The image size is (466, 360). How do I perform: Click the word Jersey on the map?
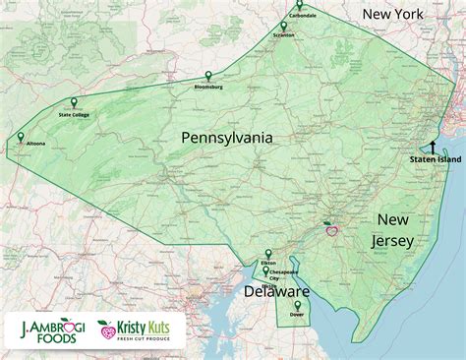pyautogui.click(x=391, y=240)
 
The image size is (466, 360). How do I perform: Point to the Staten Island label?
pyautogui.click(x=433, y=158)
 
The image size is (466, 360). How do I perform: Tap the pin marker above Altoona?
pyautogui.click(x=21, y=137)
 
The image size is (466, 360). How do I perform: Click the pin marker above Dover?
pyautogui.click(x=296, y=307)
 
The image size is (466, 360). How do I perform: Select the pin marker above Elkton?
pyautogui.click(x=268, y=254)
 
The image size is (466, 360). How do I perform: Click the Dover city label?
pyautogui.click(x=296, y=317)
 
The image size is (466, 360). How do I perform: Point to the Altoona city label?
pyautogui.click(x=34, y=144)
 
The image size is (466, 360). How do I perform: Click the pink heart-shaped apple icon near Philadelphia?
pyautogui.click(x=331, y=231)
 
